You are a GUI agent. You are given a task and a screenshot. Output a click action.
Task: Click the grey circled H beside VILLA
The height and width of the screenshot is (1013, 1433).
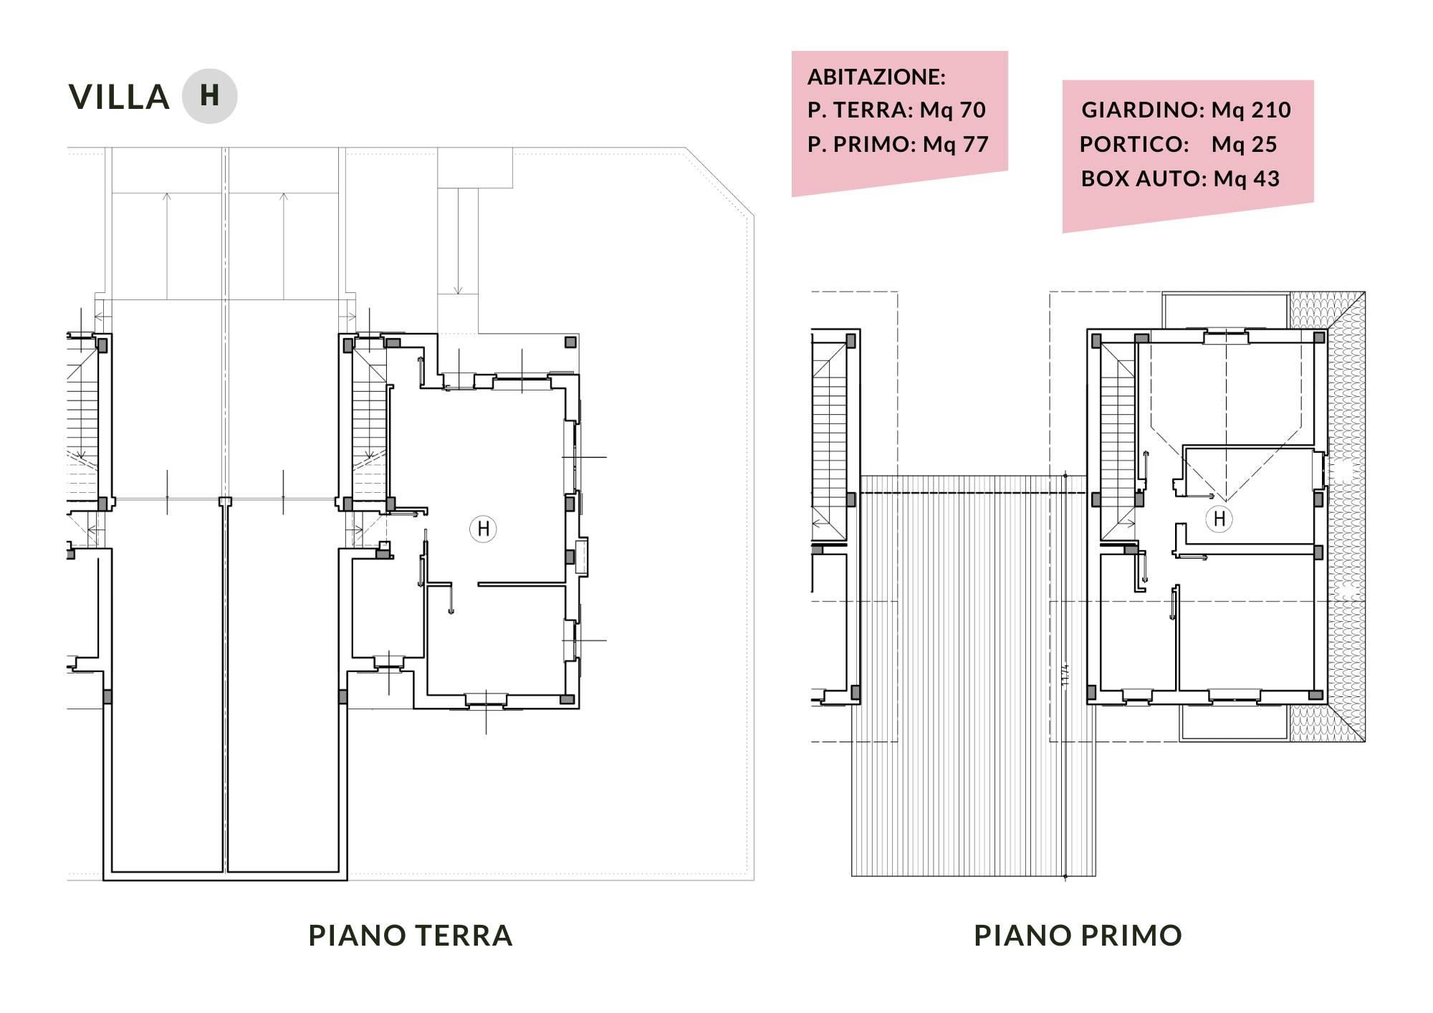pyautogui.click(x=209, y=96)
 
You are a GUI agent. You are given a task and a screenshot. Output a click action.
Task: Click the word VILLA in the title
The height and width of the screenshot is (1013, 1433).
pyautogui.click(x=119, y=97)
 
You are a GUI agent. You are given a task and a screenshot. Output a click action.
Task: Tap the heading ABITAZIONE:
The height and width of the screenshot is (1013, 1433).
pyautogui.click(x=876, y=77)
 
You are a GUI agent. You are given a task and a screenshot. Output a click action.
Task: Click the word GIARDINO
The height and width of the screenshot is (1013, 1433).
pyautogui.click(x=1141, y=110)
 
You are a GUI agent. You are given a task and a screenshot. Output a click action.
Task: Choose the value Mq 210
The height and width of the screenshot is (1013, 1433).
pyautogui.click(x=1251, y=110)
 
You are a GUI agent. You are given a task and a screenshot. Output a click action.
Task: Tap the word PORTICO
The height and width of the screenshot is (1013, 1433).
pyautogui.click(x=1132, y=144)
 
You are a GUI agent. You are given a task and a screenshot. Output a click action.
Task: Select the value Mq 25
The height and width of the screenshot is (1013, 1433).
pyautogui.click(x=1245, y=144)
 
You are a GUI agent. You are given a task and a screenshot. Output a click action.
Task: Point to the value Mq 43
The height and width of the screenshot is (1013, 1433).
pyautogui.click(x=1247, y=178)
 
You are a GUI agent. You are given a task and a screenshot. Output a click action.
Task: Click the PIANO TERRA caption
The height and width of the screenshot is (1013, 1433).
pyautogui.click(x=411, y=936)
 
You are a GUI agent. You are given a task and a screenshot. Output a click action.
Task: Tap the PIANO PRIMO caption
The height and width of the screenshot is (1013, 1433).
pyautogui.click(x=1078, y=936)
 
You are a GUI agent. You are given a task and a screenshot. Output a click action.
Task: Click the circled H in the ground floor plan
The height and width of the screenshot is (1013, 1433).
pyautogui.click(x=483, y=529)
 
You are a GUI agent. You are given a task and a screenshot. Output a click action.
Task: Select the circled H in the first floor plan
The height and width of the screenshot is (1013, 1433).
pyautogui.click(x=1219, y=518)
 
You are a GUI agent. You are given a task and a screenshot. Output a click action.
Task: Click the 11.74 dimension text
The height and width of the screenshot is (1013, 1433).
pyautogui.click(x=1065, y=676)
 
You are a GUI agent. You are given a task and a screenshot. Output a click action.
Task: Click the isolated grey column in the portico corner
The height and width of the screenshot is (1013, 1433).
pyautogui.click(x=570, y=342)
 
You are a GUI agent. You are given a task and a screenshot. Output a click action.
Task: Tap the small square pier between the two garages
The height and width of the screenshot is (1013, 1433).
pyautogui.click(x=225, y=501)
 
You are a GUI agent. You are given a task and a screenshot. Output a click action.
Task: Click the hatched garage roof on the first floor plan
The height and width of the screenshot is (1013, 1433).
pyautogui.click(x=973, y=676)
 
